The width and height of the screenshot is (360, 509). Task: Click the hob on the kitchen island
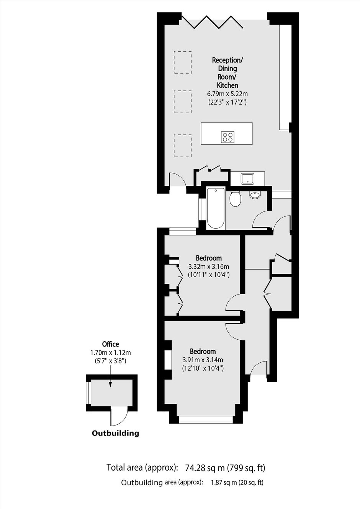pyautogui.click(x=227, y=137)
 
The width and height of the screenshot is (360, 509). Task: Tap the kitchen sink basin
pyautogui.click(x=247, y=178)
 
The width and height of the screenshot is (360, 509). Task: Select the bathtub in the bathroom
pyautogui.click(x=216, y=208)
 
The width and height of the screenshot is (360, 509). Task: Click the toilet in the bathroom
pyautogui.click(x=234, y=199)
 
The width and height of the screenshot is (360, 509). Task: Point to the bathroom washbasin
pyautogui.click(x=255, y=195)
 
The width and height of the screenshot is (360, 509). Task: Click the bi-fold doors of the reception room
pyautogui.click(x=212, y=22)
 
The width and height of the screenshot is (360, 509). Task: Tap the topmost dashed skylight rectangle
pyautogui.click(x=183, y=62)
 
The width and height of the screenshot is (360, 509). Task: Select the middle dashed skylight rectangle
pyautogui.click(x=183, y=101)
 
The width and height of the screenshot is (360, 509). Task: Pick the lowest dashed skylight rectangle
pyautogui.click(x=183, y=146)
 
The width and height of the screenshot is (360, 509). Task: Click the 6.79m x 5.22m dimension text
pyautogui.click(x=227, y=93)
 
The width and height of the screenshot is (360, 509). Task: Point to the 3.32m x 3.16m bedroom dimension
pyautogui.click(x=209, y=267)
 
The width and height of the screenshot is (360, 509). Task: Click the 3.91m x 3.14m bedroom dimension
pyautogui.click(x=203, y=360)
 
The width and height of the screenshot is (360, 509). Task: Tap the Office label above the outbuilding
pyautogui.click(x=110, y=344)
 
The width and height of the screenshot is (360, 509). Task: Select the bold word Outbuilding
pyautogui.click(x=115, y=433)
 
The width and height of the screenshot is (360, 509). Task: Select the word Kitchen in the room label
pyautogui.click(x=227, y=85)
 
